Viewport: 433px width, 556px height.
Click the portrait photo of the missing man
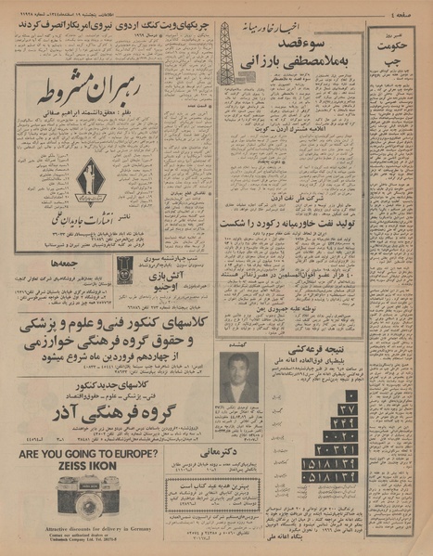pyautogui.click(x=239, y=375)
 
